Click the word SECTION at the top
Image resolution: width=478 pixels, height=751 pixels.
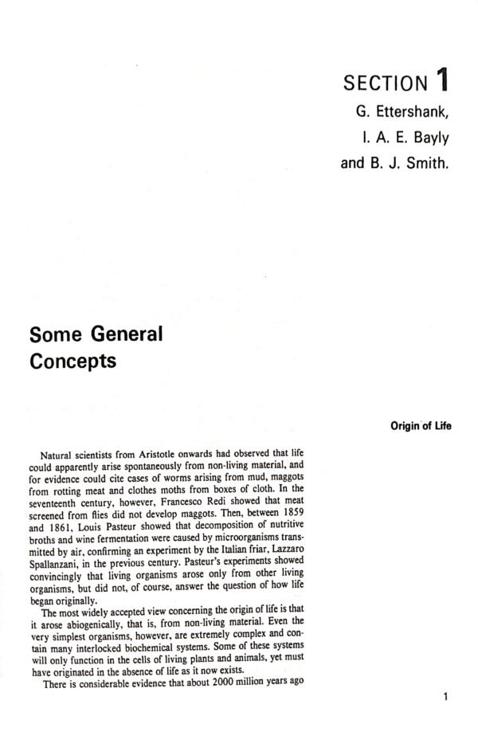[383, 82]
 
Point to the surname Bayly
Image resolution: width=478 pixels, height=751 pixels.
[430, 138]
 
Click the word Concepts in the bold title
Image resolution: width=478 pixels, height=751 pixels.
[72, 361]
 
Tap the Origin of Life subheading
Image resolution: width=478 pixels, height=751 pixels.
[421, 426]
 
